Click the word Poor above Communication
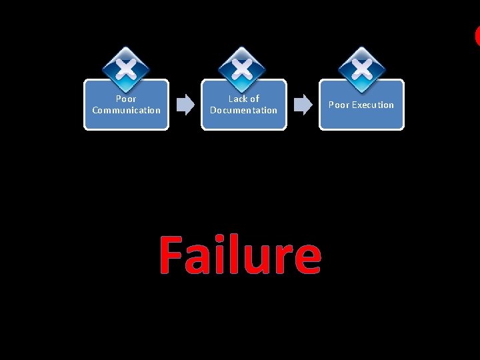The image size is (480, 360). (x=126, y=99)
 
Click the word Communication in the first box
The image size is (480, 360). (x=126, y=110)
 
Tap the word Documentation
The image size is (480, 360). (x=243, y=110)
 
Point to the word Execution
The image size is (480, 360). (x=373, y=105)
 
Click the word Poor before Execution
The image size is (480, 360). (x=339, y=105)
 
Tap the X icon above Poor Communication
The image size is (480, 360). (x=126, y=68)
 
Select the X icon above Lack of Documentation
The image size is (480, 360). (x=243, y=68)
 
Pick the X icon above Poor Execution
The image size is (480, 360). (x=361, y=68)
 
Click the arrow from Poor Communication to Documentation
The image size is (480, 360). (x=185, y=105)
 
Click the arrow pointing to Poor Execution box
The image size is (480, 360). (x=303, y=105)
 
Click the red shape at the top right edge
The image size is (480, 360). (x=477, y=35)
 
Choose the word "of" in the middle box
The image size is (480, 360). (x=254, y=99)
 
